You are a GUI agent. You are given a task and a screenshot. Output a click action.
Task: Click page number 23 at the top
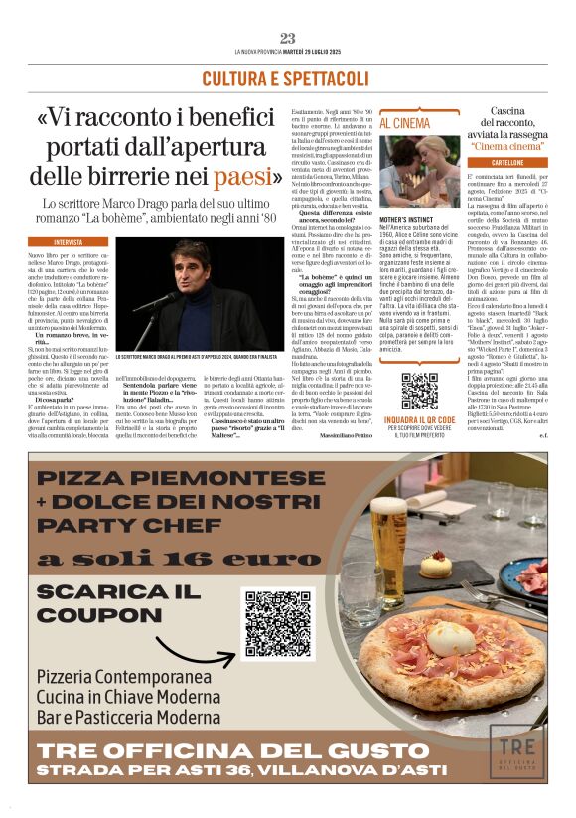pos(287,38)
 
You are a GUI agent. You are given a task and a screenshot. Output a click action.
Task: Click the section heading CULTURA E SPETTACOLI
pos(287,79)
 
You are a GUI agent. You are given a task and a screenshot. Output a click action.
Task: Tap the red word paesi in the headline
pos(240,177)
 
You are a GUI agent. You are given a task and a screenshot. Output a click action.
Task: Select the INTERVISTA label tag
pos(70,242)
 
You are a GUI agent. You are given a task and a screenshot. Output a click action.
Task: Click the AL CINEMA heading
pos(377,124)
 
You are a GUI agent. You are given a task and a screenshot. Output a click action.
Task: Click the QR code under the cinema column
pos(419,391)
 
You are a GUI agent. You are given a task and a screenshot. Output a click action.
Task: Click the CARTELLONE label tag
pos(507,163)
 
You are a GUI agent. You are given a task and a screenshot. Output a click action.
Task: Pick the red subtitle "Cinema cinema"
pos(507,146)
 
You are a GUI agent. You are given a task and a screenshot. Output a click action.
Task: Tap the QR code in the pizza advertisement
pos(278,624)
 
